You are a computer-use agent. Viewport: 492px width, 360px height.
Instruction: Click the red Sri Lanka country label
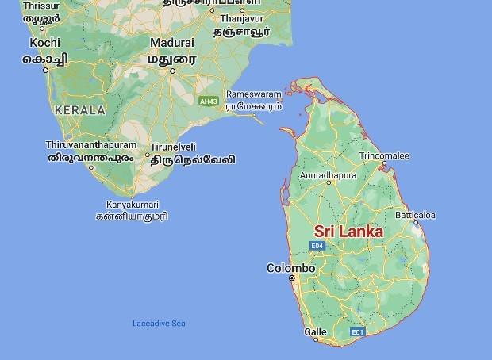click(348, 232)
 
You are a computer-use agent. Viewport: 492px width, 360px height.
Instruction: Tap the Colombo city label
click(290, 268)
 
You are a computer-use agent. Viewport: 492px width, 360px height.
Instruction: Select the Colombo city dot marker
click(292, 278)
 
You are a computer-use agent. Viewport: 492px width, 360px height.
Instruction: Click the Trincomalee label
click(384, 155)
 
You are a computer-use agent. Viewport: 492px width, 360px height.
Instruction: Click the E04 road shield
click(317, 247)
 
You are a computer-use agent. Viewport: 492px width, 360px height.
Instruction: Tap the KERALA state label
click(79, 109)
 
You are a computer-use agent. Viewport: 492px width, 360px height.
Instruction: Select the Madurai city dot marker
click(172, 70)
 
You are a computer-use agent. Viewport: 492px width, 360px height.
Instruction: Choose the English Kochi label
click(45, 43)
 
